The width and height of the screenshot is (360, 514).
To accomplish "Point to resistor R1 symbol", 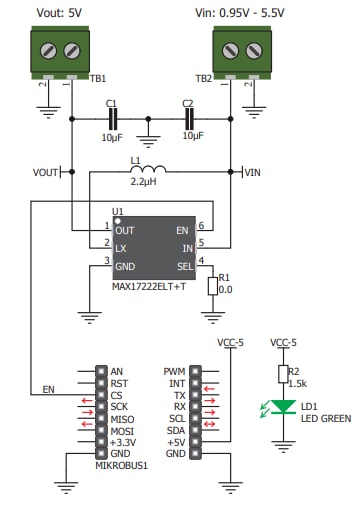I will [x=211, y=286].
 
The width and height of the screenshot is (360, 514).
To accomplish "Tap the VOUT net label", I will [x=46, y=172].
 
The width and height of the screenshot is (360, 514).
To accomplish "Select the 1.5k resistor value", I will [x=299, y=383].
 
